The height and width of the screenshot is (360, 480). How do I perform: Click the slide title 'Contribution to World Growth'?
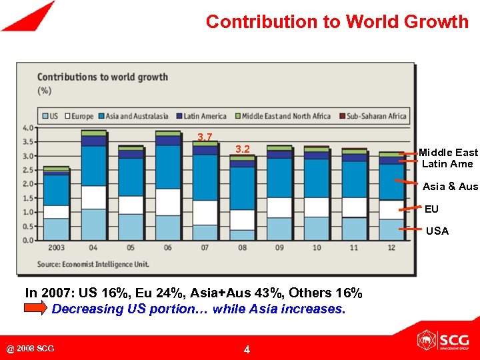337,21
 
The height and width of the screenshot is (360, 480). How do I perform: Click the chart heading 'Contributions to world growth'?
102,77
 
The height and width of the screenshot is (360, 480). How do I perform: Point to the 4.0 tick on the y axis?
28,128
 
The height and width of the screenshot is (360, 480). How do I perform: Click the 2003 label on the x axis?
55,247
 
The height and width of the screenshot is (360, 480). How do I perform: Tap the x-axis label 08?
242,247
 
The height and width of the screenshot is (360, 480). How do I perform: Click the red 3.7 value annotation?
205,137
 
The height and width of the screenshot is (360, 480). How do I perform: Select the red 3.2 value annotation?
243,149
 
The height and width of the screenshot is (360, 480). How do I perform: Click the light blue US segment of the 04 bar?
94,224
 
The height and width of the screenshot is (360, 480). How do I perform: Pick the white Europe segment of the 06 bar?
168,201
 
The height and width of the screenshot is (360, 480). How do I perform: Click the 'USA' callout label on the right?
437,231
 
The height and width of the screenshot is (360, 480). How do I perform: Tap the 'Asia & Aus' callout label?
450,186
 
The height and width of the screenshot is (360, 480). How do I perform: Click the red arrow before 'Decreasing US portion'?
36,309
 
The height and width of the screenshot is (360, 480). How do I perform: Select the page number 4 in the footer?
247,349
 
